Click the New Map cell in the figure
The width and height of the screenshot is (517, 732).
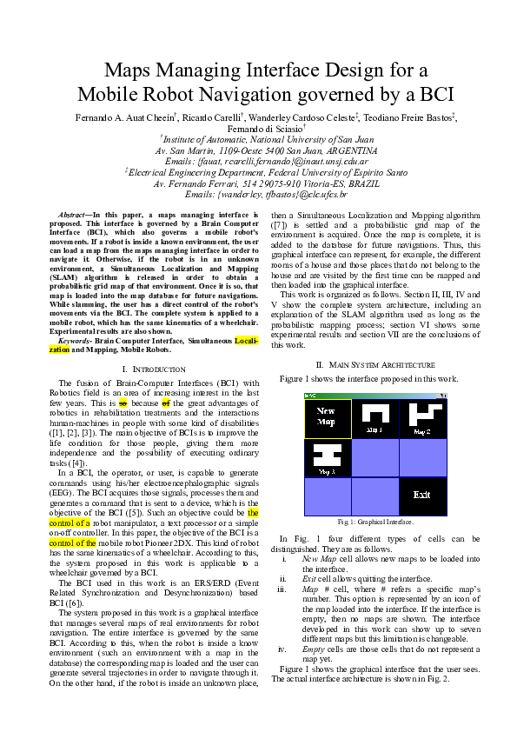[x=328, y=418]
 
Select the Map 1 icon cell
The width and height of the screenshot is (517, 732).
[x=375, y=418]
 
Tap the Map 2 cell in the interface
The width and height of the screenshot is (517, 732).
[x=422, y=418]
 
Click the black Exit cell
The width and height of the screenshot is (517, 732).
[x=422, y=496]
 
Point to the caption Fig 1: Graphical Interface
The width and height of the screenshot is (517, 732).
[x=374, y=522]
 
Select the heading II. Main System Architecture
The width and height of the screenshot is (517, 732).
[x=374, y=365]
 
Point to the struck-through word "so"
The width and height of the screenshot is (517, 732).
[x=123, y=404]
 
